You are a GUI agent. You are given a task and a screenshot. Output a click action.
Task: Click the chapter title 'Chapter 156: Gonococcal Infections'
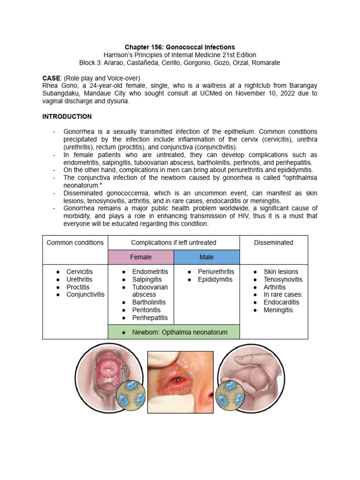pyautogui.click(x=180, y=47)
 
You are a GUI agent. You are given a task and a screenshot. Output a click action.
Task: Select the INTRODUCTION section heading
pyautogui.click(x=67, y=116)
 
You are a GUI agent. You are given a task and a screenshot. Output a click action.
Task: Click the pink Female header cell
pyautogui.click(x=141, y=257)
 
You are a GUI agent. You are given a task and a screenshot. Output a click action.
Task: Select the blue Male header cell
pyautogui.click(x=206, y=257)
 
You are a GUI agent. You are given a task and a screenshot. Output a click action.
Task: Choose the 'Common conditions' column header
pyautogui.click(x=75, y=242)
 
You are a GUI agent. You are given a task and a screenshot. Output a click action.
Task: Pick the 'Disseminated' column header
pyautogui.click(x=273, y=242)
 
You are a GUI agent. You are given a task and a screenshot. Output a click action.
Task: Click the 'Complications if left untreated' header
pyautogui.click(x=173, y=242)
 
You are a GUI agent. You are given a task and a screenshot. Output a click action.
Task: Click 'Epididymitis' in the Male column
pyautogui.click(x=215, y=279)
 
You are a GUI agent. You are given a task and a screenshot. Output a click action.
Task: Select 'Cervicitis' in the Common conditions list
pyautogui.click(x=80, y=272)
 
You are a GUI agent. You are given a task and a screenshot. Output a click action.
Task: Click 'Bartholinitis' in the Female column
pyautogui.click(x=149, y=302)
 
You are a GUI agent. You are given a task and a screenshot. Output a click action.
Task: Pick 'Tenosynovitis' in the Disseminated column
pyautogui.click(x=283, y=279)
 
